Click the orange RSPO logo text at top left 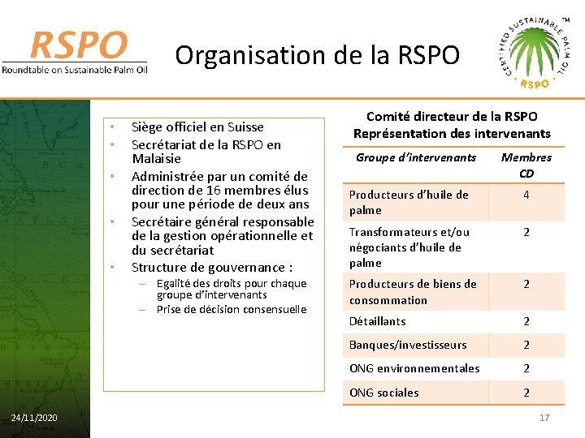pyautogui.click(x=80, y=45)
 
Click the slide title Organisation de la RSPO pyautogui.click(x=317, y=56)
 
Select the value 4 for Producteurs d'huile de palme pyautogui.click(x=526, y=195)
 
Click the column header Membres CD pyautogui.click(x=526, y=165)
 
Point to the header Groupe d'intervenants pyautogui.click(x=415, y=157)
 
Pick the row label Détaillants pyautogui.click(x=377, y=321)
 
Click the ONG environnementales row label pyautogui.click(x=414, y=368)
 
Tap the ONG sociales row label pyautogui.click(x=383, y=393)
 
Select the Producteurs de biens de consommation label pyautogui.click(x=413, y=292)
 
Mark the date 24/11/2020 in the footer pyautogui.click(x=34, y=418)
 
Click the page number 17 pyautogui.click(x=544, y=418)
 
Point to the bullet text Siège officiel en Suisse pyautogui.click(x=197, y=127)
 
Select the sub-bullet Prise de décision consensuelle pyautogui.click(x=231, y=309)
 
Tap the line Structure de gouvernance pyautogui.click(x=211, y=267)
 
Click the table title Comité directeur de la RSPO pyautogui.click(x=452, y=117)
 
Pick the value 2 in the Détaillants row pyautogui.click(x=526, y=321)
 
